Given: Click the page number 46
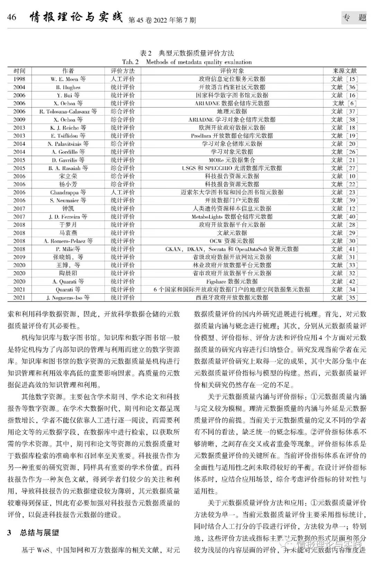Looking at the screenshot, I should [11, 17].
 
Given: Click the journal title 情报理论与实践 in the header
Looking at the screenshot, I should [77, 17].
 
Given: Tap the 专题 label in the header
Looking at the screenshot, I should [354, 18].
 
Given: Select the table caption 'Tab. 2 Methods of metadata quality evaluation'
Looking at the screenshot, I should [187, 62].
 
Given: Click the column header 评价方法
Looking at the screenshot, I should [123, 71].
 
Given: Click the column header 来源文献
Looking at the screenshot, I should [344, 71].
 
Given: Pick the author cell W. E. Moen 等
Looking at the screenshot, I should [68, 79].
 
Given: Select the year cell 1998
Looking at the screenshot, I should [19, 79].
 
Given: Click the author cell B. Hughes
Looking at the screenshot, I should [68, 87].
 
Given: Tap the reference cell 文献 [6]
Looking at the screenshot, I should [344, 103].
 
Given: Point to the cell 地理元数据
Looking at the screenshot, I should [232, 112].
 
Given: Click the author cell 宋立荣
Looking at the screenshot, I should [68, 176].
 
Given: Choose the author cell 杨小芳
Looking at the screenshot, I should [68, 184].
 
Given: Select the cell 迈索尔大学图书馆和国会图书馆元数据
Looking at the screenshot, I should [232, 192].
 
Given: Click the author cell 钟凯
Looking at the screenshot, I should [68, 208].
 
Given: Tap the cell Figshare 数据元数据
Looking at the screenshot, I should [232, 281].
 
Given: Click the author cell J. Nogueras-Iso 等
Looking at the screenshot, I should [68, 297].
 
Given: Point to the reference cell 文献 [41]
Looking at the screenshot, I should [344, 249].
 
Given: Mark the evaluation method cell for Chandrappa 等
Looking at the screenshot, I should [123, 192].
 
